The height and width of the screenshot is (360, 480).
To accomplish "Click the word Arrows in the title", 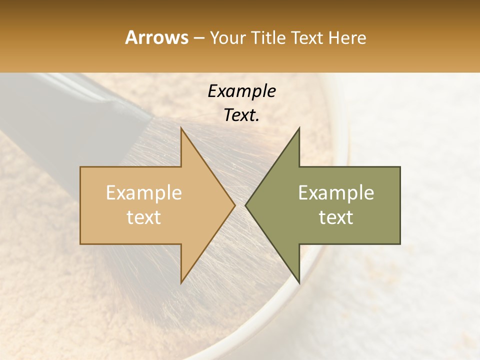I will (156, 37).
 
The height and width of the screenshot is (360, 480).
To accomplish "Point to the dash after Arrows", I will (199, 38).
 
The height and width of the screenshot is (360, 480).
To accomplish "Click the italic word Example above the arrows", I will (241, 91).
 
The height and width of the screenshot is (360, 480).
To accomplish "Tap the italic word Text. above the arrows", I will (241, 115).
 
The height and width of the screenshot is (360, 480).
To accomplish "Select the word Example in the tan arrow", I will (144, 193).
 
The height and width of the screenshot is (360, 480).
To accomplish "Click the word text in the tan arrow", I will (144, 217).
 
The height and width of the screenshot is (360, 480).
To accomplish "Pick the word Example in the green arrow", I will (336, 193).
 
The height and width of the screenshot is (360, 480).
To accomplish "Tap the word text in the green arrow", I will (336, 217).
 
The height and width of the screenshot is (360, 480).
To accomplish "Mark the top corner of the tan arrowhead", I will (181, 128).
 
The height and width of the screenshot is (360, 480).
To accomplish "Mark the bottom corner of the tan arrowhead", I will (181, 282).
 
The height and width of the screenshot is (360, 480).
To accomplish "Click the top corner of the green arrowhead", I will (299, 128).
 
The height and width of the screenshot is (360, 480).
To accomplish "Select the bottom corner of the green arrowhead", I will (299, 282).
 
